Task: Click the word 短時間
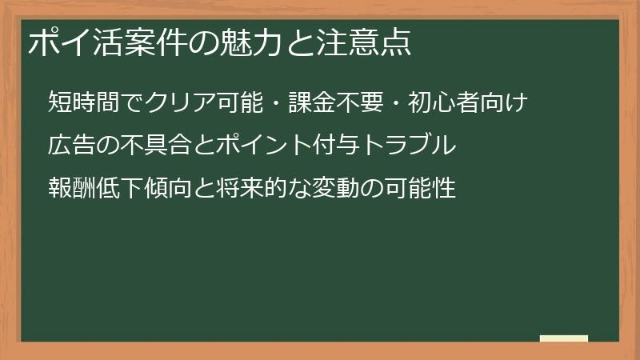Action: pos(84,103)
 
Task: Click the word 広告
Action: pos(72,146)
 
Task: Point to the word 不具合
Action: pos(155,146)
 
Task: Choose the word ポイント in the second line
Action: pos(263,146)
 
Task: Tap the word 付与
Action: pos(337,146)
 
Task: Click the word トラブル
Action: pos(408,146)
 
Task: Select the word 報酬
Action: pos(72,190)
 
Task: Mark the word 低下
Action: pos(119,190)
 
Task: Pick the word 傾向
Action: pos(167,190)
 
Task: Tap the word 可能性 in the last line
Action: pos(419,190)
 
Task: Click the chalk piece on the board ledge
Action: pos(563,338)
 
